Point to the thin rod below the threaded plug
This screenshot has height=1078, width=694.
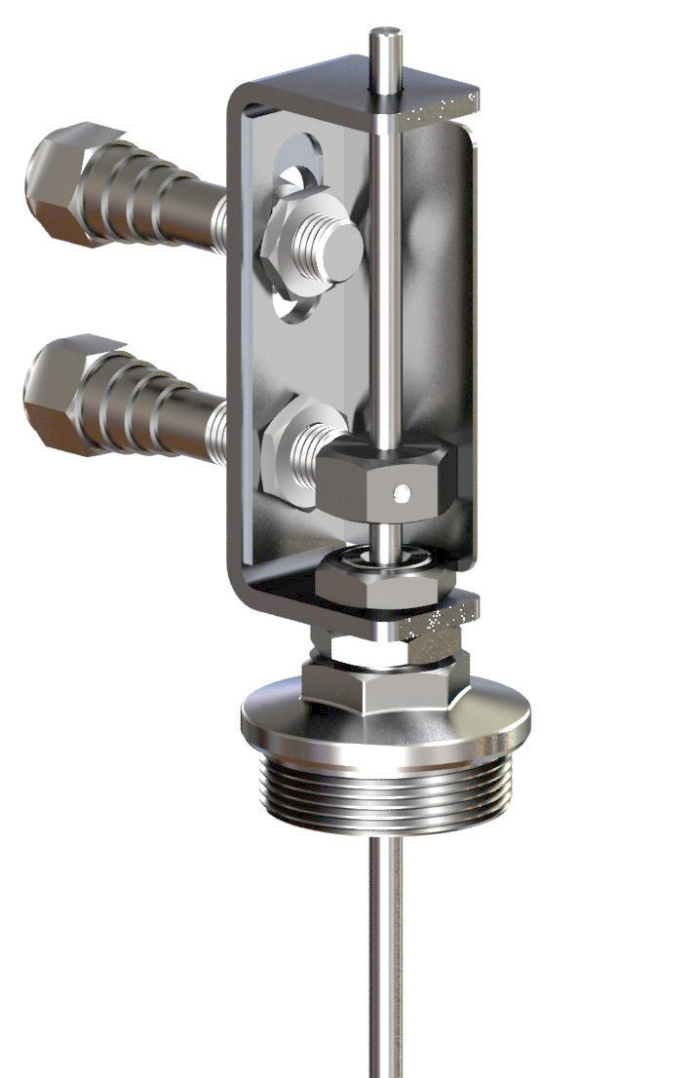click(385, 955)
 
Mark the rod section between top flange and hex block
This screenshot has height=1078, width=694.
click(387, 292)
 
